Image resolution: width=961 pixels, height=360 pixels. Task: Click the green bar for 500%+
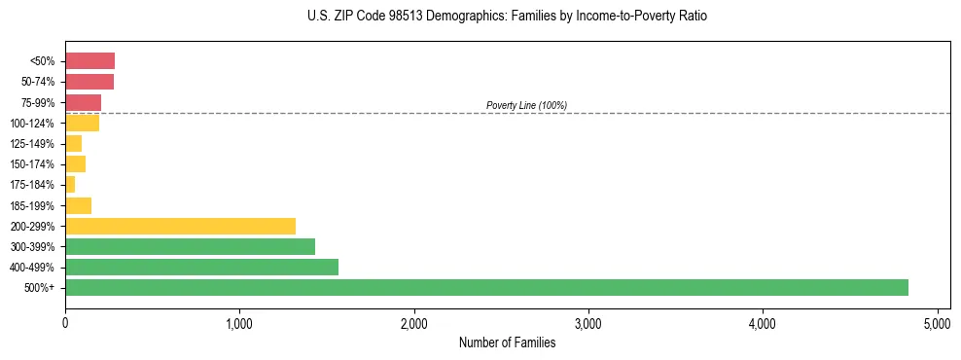(x=486, y=287)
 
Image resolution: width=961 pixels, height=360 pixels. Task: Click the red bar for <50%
(x=89, y=61)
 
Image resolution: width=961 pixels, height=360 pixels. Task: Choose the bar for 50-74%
(x=89, y=82)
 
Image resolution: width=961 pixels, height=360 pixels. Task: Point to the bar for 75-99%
(x=83, y=102)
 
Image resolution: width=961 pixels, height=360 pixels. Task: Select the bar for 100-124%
(x=82, y=123)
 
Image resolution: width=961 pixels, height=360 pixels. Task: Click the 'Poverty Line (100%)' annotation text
(x=526, y=105)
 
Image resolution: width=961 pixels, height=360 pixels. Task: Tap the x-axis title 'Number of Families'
(x=507, y=343)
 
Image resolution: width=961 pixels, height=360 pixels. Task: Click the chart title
(x=507, y=17)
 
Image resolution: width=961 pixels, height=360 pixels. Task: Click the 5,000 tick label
(x=937, y=323)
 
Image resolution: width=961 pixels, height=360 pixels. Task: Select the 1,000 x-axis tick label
(x=239, y=323)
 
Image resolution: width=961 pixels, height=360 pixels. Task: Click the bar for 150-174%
(x=75, y=163)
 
